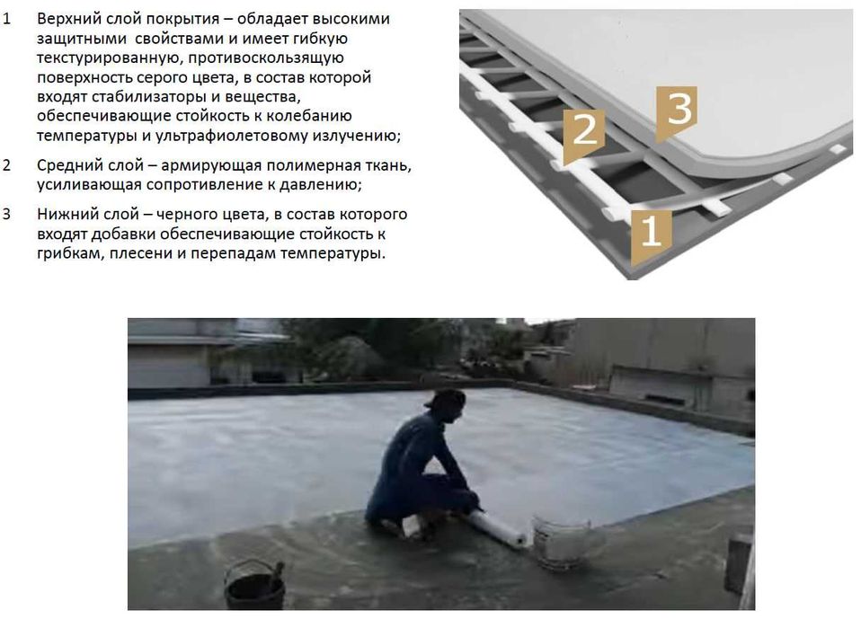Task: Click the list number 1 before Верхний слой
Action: coord(8,19)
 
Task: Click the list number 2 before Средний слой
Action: coord(8,165)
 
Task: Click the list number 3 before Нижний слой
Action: coord(8,215)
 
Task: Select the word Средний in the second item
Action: coord(69,165)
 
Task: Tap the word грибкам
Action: coord(68,253)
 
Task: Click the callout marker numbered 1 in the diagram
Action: coord(650,231)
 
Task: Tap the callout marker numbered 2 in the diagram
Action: coord(584,131)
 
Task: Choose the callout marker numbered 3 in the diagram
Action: coord(678,110)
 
